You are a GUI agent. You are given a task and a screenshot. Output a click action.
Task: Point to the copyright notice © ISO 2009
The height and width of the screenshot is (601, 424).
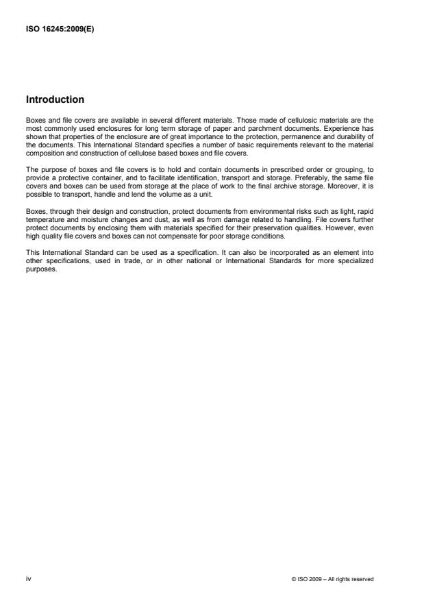point(332,579)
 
